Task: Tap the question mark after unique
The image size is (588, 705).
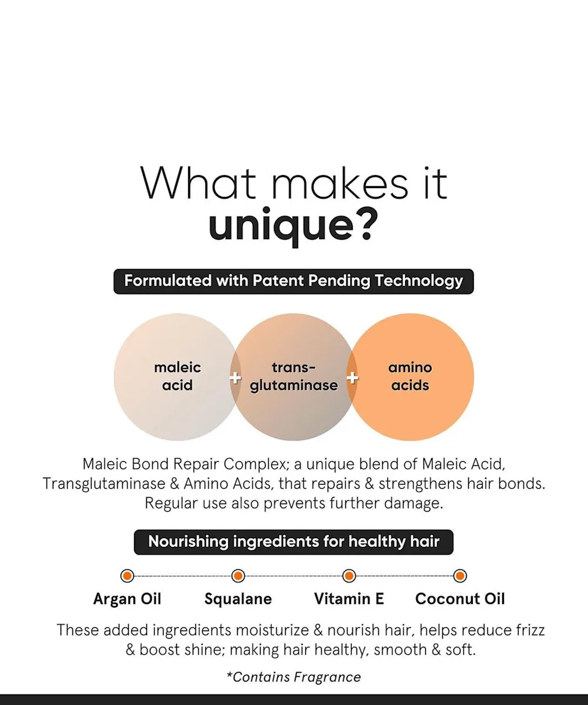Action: [x=367, y=223]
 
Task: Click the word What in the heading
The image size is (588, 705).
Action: [x=198, y=184]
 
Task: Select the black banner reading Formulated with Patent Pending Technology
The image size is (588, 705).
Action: [x=293, y=281]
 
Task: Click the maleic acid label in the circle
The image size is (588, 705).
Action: [x=178, y=377]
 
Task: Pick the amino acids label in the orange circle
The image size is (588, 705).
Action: [x=410, y=377]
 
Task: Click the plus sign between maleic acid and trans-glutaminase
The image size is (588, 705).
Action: [x=235, y=378]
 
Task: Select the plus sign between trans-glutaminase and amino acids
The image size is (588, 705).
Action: [x=352, y=378]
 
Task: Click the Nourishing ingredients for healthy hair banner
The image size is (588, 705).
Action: [x=293, y=542]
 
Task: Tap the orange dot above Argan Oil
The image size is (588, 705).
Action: [x=128, y=576]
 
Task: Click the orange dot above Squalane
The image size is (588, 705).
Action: [x=238, y=576]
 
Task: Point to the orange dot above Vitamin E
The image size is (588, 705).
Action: [x=349, y=576]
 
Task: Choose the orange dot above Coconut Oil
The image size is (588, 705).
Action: [x=460, y=576]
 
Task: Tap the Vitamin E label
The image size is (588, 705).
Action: [x=349, y=599]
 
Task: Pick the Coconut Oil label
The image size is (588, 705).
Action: [x=460, y=599]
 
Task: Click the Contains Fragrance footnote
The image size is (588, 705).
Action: [x=293, y=677]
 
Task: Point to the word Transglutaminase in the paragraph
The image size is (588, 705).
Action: [x=104, y=484]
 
